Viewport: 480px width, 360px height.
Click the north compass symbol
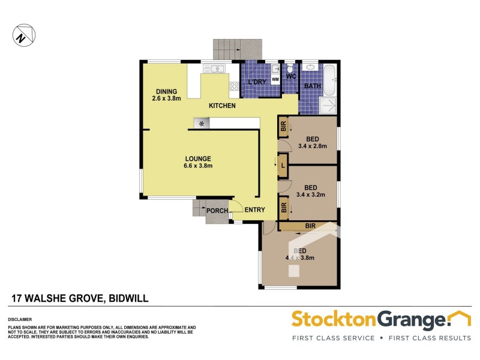[x=22, y=35]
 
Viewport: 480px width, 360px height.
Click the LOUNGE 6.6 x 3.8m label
[x=198, y=162]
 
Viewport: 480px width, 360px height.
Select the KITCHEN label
[x=221, y=106]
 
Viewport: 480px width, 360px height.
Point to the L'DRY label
[x=256, y=82]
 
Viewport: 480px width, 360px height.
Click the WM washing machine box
[x=275, y=79]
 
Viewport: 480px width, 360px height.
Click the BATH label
[x=312, y=86]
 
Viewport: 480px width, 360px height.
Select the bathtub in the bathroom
[x=331, y=80]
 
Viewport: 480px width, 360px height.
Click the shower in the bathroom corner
[x=328, y=105]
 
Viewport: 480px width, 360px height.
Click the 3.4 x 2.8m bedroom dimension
[x=311, y=145]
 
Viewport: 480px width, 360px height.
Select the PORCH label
[x=217, y=211]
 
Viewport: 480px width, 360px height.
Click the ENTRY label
[x=254, y=209]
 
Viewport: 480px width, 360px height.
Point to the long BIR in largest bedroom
[x=309, y=226]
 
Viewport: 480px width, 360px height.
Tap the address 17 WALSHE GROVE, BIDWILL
[x=80, y=298]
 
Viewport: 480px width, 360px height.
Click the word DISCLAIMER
[x=19, y=319]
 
